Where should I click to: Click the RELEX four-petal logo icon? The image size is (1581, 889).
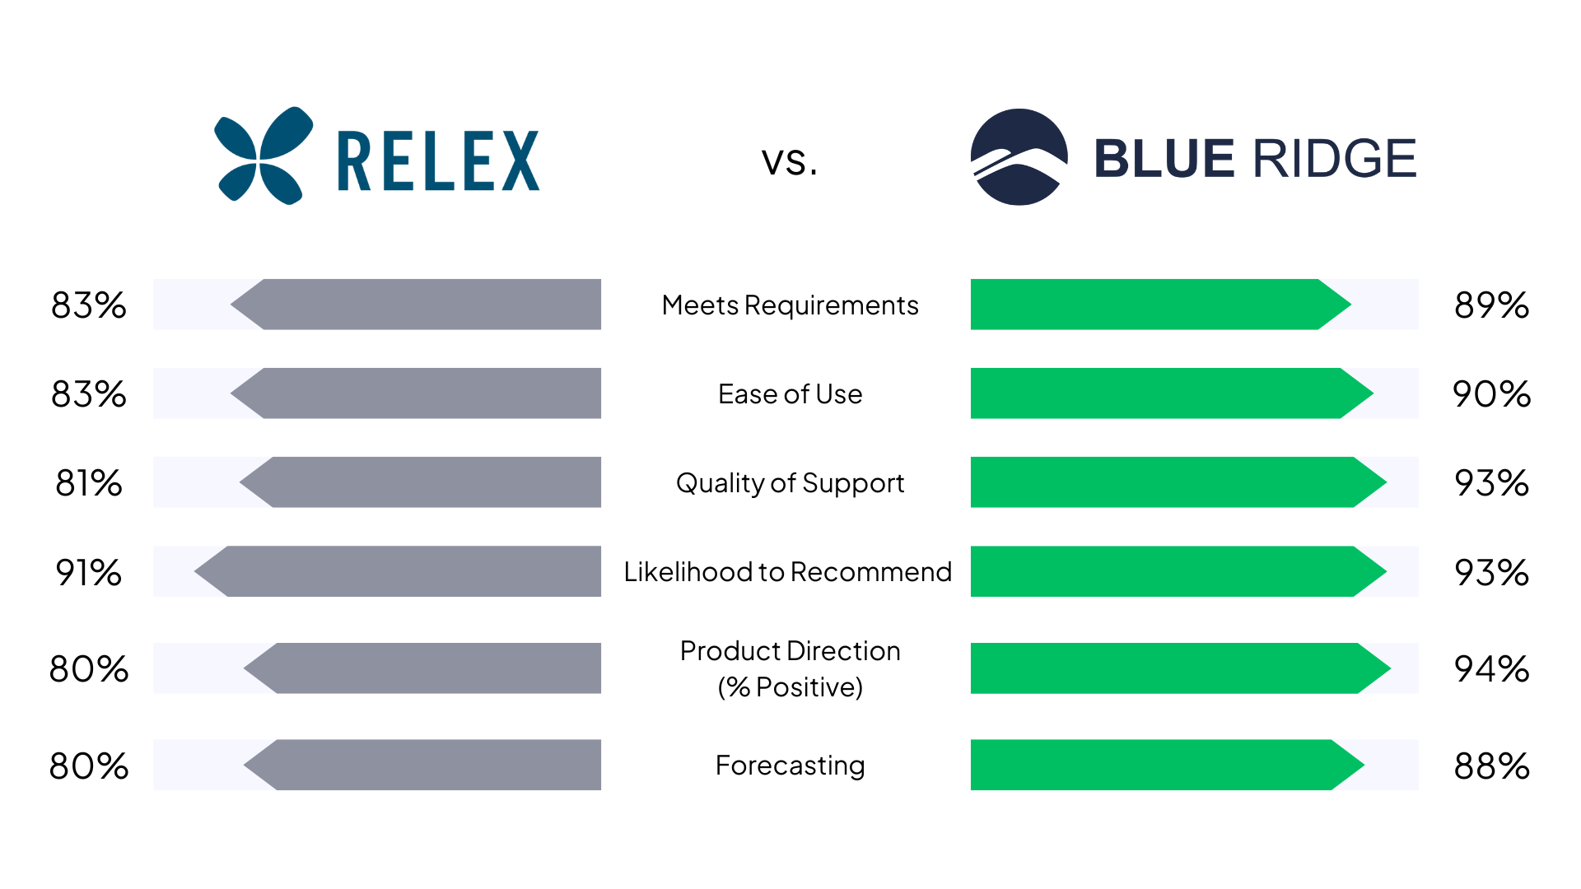[263, 156]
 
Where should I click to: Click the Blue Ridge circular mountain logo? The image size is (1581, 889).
[1019, 156]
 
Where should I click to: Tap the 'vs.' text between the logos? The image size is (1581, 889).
[790, 161]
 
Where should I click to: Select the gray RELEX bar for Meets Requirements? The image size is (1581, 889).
[416, 305]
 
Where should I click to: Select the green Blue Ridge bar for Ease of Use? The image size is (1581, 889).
[1172, 393]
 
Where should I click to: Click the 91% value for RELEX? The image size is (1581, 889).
[89, 572]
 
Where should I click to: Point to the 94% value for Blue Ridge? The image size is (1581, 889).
[1492, 668]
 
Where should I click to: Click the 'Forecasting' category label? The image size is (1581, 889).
[790, 766]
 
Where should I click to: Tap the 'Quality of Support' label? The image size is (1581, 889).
[790, 483]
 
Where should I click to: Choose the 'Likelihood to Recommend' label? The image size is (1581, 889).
[788, 571]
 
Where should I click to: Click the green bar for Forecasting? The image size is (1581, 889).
[1168, 765]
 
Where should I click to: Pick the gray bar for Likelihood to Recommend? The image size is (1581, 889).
[398, 571]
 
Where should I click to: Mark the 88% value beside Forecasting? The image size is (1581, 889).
[1492, 766]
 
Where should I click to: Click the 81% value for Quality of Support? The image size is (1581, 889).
[89, 483]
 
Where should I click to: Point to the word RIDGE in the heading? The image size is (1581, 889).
[1335, 159]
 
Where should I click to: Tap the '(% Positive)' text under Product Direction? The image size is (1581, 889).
[790, 687]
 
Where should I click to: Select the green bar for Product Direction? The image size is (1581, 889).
[1181, 668]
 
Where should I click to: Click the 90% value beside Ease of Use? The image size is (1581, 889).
[1492, 394]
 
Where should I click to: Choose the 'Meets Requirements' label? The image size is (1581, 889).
[790, 305]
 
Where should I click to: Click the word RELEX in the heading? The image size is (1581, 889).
[439, 161]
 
